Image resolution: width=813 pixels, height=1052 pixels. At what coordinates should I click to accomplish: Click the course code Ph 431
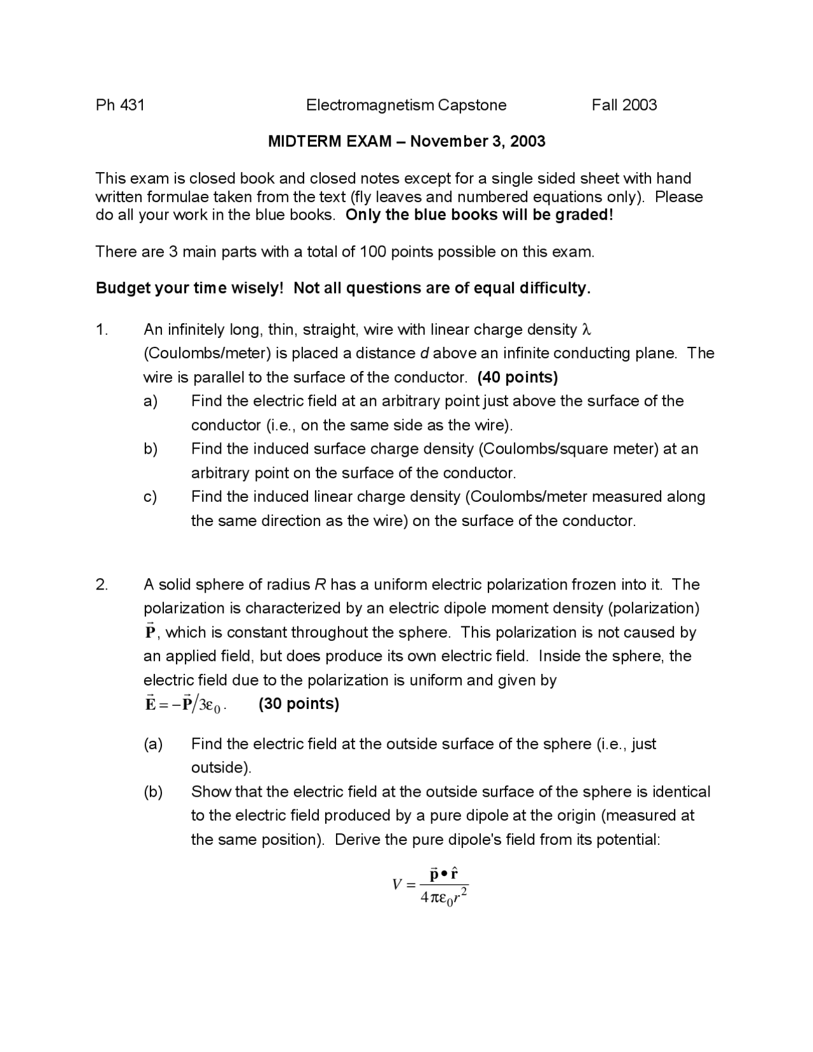tap(120, 105)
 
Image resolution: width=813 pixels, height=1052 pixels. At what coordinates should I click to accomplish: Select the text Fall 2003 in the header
tap(624, 105)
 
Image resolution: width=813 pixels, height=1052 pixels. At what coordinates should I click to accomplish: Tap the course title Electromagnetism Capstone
tap(406, 105)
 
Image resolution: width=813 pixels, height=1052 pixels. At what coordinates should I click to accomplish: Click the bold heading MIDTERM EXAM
tap(330, 141)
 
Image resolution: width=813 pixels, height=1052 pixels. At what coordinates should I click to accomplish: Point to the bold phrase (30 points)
tap(299, 704)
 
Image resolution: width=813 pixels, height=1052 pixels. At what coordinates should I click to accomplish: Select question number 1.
tap(102, 330)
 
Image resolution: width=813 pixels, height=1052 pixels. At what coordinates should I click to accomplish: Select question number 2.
tap(102, 584)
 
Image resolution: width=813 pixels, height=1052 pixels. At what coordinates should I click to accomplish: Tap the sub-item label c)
tap(150, 497)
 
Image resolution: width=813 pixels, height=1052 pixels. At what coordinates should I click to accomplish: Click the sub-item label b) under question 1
tap(150, 449)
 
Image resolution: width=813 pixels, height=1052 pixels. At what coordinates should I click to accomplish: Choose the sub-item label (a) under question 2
tap(153, 744)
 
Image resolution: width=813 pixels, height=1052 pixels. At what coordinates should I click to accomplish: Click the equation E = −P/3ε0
tap(185, 704)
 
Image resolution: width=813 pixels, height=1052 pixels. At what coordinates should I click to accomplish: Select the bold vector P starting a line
tap(150, 631)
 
